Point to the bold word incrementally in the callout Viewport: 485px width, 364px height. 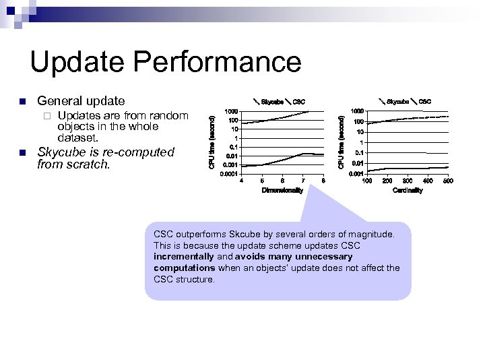point(184,257)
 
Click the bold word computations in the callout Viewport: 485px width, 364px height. point(184,268)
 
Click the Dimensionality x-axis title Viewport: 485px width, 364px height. point(282,191)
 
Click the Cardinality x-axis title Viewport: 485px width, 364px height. point(408,191)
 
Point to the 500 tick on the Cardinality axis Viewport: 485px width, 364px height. point(448,181)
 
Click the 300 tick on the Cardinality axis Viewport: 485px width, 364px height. point(408,181)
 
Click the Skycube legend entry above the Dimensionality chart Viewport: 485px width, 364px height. point(271,102)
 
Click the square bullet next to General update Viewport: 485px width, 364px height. point(22,102)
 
